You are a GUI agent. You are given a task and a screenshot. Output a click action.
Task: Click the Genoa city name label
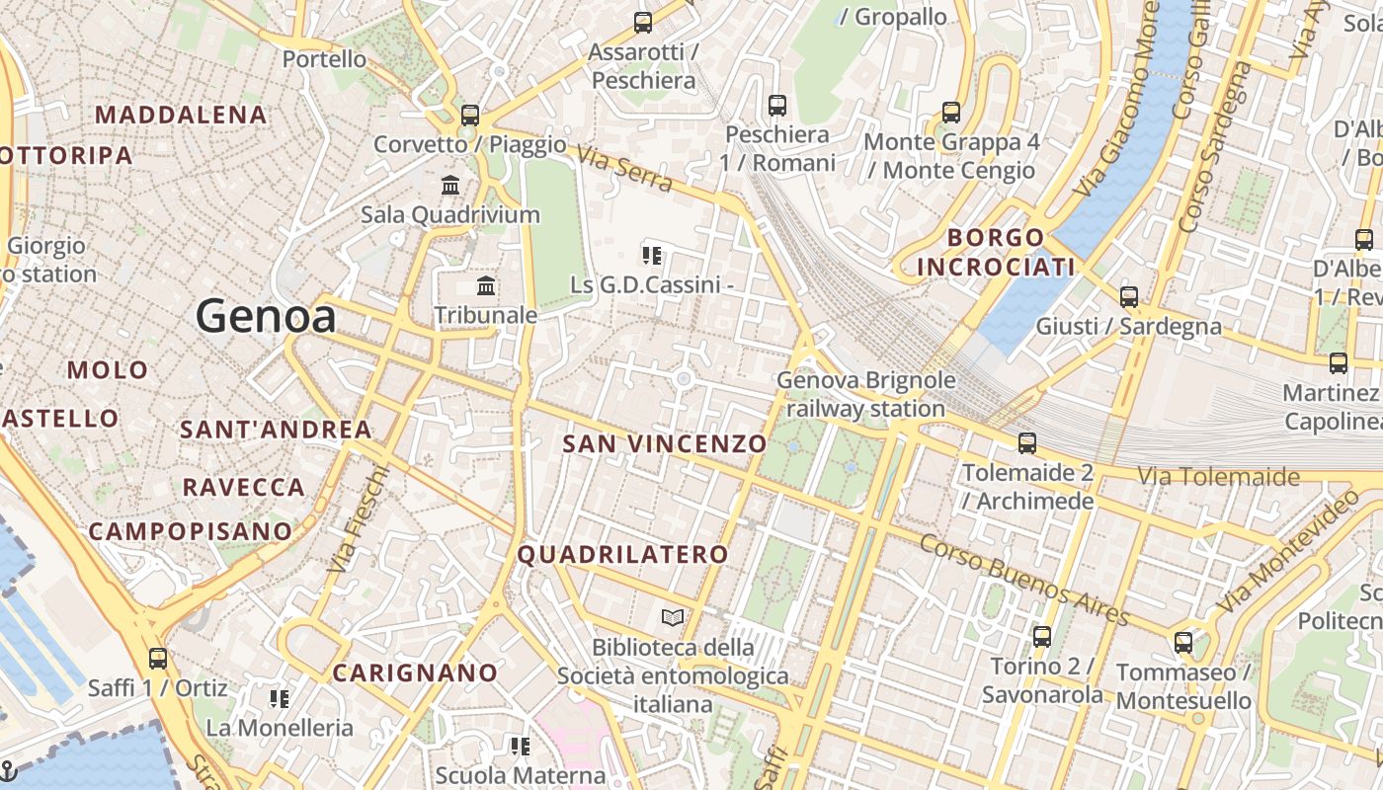(266, 316)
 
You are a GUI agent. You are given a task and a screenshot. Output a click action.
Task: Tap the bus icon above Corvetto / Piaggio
(470, 115)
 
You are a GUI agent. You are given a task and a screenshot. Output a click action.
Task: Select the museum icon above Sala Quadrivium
(450, 185)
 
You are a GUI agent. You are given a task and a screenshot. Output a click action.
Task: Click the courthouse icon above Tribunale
(486, 286)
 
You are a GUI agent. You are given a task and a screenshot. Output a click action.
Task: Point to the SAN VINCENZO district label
(664, 444)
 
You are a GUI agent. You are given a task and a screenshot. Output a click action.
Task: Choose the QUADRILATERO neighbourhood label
(623, 555)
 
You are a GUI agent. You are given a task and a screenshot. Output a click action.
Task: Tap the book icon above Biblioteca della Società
(673, 618)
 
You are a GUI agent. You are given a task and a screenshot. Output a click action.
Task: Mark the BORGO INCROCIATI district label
(996, 252)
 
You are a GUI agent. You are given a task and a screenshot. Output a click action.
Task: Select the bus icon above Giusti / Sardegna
(1128, 296)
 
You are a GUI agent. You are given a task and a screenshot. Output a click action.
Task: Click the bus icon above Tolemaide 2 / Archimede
(1027, 443)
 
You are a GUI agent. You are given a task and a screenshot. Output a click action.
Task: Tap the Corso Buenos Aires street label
(1024, 580)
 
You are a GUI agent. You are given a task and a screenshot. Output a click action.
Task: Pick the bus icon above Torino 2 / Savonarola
(1041, 636)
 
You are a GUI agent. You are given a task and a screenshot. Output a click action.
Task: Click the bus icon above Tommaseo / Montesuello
(1183, 643)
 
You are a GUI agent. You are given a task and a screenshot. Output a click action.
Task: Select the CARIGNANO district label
(415, 673)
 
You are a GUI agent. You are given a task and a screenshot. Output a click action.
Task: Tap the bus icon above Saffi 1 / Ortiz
(158, 659)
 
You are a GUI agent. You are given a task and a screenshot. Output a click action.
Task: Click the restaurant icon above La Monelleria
(280, 699)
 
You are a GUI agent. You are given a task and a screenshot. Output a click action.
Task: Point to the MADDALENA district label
(181, 115)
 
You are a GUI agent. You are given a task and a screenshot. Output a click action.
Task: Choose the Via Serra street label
(624, 170)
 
